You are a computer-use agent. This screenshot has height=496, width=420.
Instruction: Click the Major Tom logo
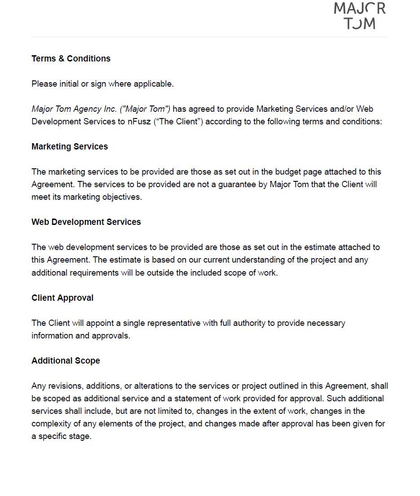coord(360,16)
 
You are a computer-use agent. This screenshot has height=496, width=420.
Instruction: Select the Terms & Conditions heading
coord(71,59)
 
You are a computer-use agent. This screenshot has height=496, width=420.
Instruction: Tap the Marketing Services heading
coord(70,147)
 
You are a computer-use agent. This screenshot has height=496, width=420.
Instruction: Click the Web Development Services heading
coord(86,222)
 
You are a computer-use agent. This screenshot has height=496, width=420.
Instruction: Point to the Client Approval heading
coord(62,298)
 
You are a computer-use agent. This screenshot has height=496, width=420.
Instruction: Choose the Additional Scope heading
coord(66,361)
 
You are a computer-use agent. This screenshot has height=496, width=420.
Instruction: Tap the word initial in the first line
coord(69,84)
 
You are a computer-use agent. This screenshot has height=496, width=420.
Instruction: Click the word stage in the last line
coord(81,436)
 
